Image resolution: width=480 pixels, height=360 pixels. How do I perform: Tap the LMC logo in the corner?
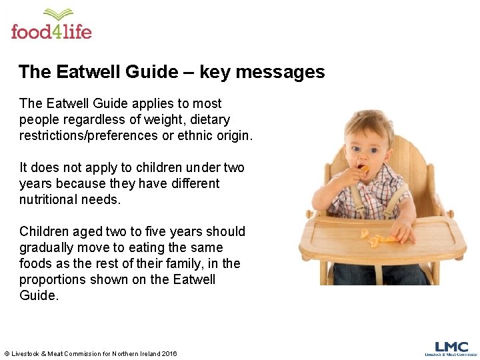(451, 348)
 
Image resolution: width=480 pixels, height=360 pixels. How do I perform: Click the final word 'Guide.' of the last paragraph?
(39, 295)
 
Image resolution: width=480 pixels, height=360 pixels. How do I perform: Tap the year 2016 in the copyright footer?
(169, 353)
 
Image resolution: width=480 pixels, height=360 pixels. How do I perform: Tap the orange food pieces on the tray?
(377, 236)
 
